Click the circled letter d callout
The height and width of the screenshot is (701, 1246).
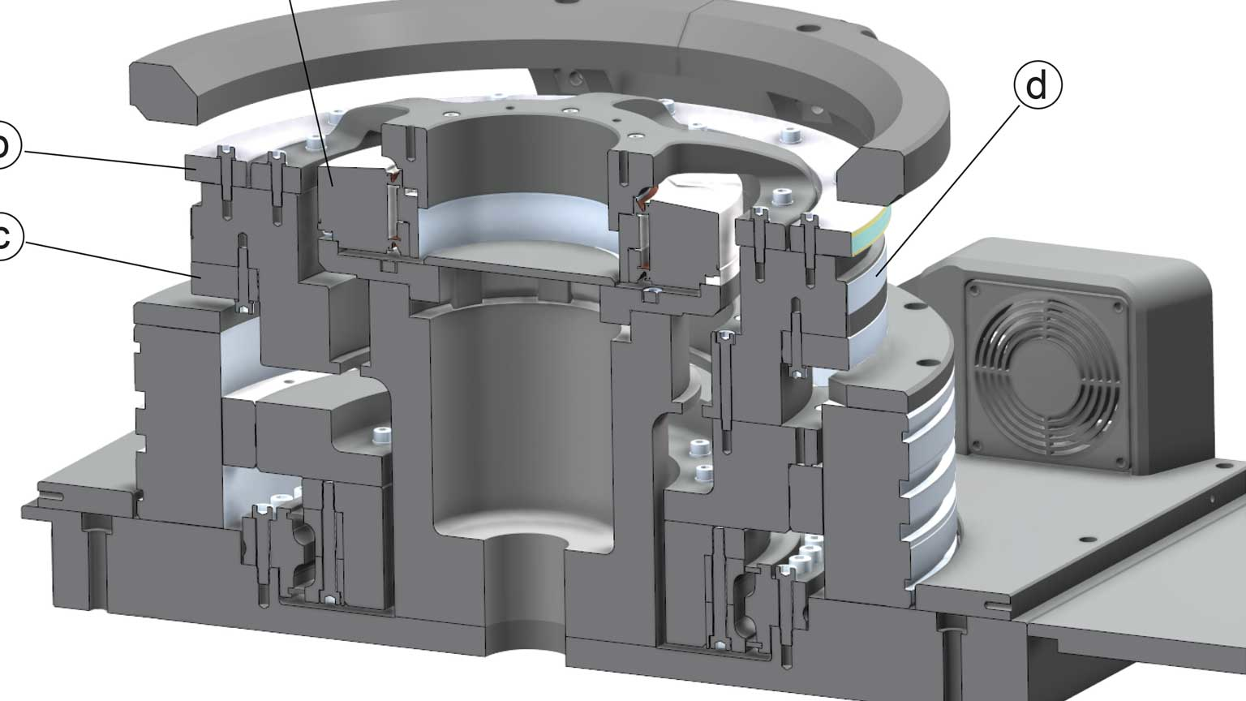(1037, 85)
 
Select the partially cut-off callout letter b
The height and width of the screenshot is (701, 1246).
(5, 146)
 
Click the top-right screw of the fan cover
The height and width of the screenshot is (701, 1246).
(1118, 306)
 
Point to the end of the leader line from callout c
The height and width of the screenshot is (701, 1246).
(195, 276)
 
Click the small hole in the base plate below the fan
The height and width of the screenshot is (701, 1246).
(1085, 537)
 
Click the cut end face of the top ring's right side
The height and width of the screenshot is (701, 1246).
(872, 174)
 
